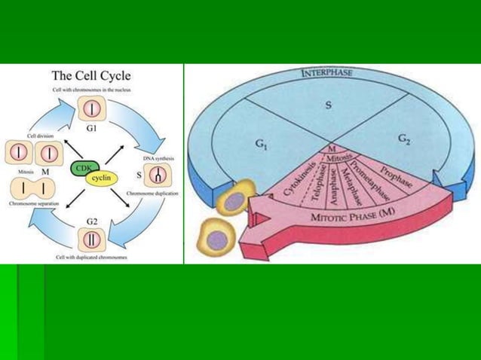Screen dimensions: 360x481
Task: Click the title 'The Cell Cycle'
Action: click(90, 75)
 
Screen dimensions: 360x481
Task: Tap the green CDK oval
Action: click(81, 169)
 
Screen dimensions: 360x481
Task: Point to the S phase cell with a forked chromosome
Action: click(158, 176)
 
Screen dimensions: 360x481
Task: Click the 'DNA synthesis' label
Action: click(158, 159)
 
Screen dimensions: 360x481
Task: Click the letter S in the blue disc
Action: click(328, 105)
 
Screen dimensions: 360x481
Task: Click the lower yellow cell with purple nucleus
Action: click(217, 240)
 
